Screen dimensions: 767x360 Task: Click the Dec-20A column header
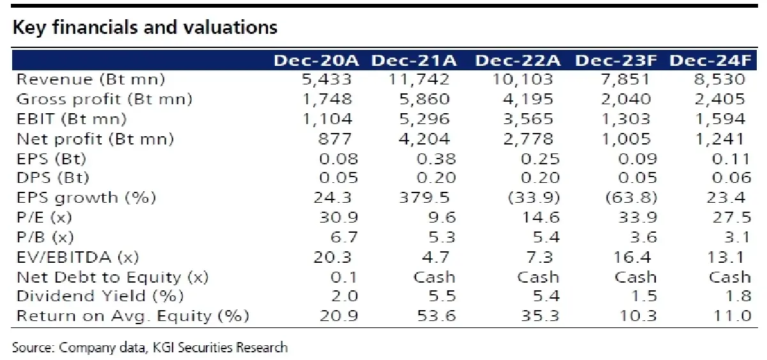tap(316, 61)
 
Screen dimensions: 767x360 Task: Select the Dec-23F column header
tap(616, 61)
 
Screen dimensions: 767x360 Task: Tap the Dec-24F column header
tap(711, 61)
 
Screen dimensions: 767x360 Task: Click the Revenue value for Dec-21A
tap(419, 79)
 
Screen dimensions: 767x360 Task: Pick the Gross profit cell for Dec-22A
tap(528, 99)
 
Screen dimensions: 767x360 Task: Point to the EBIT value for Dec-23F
tap(626, 119)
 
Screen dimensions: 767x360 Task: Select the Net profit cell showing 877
tap(335, 139)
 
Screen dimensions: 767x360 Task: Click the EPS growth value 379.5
tap(424, 198)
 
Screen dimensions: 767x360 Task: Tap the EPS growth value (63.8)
tap(631, 198)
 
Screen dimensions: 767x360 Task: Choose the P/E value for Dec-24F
tap(732, 217)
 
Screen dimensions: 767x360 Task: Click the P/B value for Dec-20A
tap(344, 237)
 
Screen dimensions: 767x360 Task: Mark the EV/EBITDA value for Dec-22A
tap(539, 257)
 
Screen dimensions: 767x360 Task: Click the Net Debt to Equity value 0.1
tap(344, 277)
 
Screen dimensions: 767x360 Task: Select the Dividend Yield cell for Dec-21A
tap(442, 296)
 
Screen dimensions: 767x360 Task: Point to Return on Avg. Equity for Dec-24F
tap(732, 316)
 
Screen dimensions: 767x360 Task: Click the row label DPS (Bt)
tap(52, 178)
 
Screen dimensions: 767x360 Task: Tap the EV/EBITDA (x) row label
tap(78, 257)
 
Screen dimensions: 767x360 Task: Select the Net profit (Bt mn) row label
tap(95, 139)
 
